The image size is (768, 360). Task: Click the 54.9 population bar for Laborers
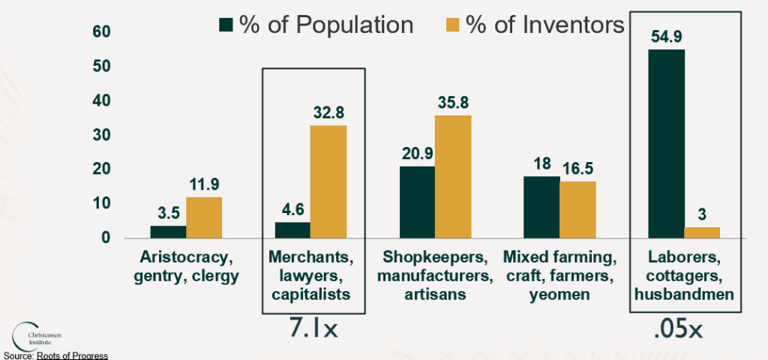(x=667, y=143)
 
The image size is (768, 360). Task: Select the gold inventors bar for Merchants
(x=328, y=181)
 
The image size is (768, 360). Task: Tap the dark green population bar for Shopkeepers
(x=417, y=202)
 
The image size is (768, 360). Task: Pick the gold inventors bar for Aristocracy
(x=204, y=217)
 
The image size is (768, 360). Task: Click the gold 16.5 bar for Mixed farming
(x=577, y=209)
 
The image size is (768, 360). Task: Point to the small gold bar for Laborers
(x=702, y=232)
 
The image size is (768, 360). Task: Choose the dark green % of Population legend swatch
(x=226, y=25)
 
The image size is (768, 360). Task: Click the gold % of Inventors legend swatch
(x=451, y=25)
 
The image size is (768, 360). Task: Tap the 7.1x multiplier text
(x=313, y=328)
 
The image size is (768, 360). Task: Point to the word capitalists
(x=313, y=295)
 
